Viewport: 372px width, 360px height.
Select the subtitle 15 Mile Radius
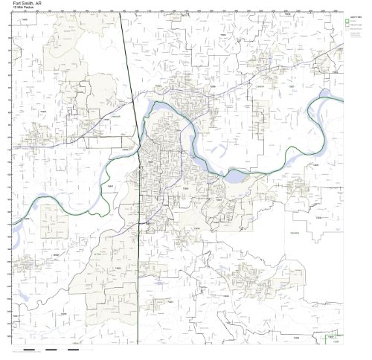click(25, 8)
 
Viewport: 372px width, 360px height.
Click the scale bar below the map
click(52, 350)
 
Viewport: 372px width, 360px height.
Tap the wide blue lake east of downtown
click(237, 177)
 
